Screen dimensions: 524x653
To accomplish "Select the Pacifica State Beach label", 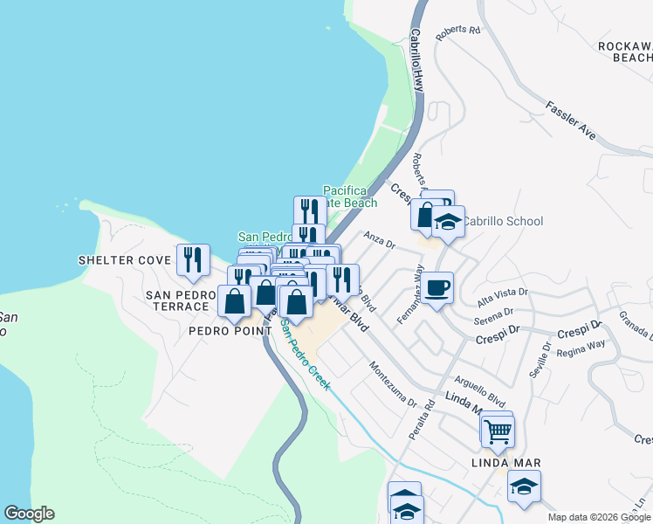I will (350, 196).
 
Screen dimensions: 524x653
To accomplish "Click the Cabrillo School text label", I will (502, 222).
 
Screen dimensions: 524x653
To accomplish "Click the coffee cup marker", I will (438, 286).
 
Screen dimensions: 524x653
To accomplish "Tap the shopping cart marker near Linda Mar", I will (497, 430).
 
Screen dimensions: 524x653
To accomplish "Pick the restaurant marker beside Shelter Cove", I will (193, 259).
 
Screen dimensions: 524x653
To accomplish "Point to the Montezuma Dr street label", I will (392, 384).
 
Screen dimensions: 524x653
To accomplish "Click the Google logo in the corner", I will (29, 514).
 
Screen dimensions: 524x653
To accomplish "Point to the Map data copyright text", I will (599, 517).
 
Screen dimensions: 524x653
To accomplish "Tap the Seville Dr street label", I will (539, 359).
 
